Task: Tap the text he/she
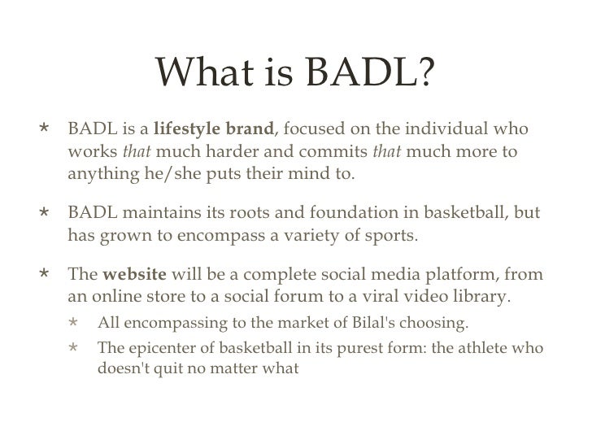pos(155,174)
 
